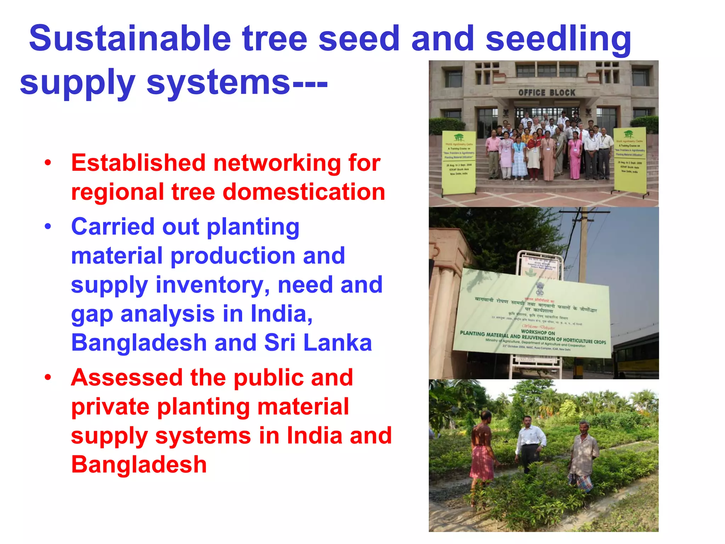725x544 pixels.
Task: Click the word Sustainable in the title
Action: coord(130,38)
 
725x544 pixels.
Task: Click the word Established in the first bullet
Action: coord(138,163)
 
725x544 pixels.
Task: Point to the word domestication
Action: coord(304,192)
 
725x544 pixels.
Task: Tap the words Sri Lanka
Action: coord(318,343)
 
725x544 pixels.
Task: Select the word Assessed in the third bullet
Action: coord(127,378)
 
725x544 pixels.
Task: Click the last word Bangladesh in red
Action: coord(139,465)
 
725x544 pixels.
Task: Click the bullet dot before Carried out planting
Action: coord(48,227)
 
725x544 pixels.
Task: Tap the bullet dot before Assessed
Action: coord(48,378)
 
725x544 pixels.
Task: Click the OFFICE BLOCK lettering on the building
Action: coord(547,93)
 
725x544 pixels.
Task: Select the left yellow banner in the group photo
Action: coord(459,162)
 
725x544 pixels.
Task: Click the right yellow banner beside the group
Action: coord(630,160)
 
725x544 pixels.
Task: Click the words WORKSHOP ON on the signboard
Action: coord(538,332)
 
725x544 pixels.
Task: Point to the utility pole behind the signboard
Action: coord(583,244)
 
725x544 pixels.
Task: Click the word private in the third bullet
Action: coord(110,407)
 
